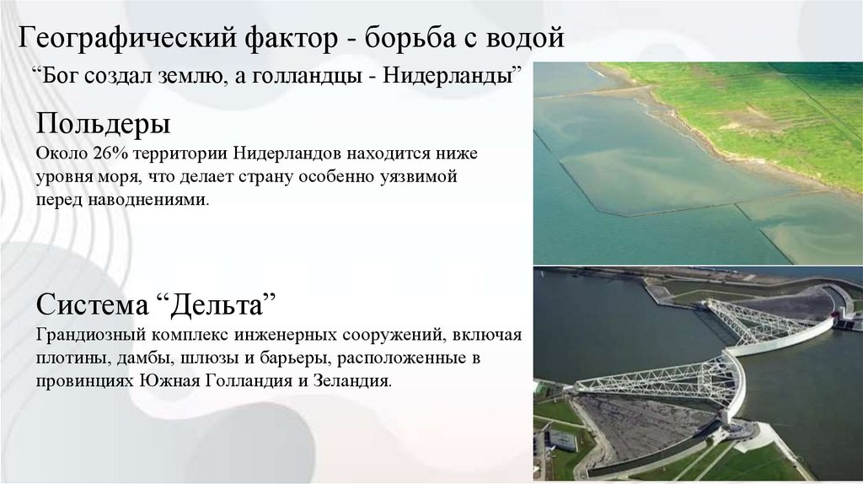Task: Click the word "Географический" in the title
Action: [126, 38]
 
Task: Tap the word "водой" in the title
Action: [522, 38]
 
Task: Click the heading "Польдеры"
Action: [104, 126]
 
